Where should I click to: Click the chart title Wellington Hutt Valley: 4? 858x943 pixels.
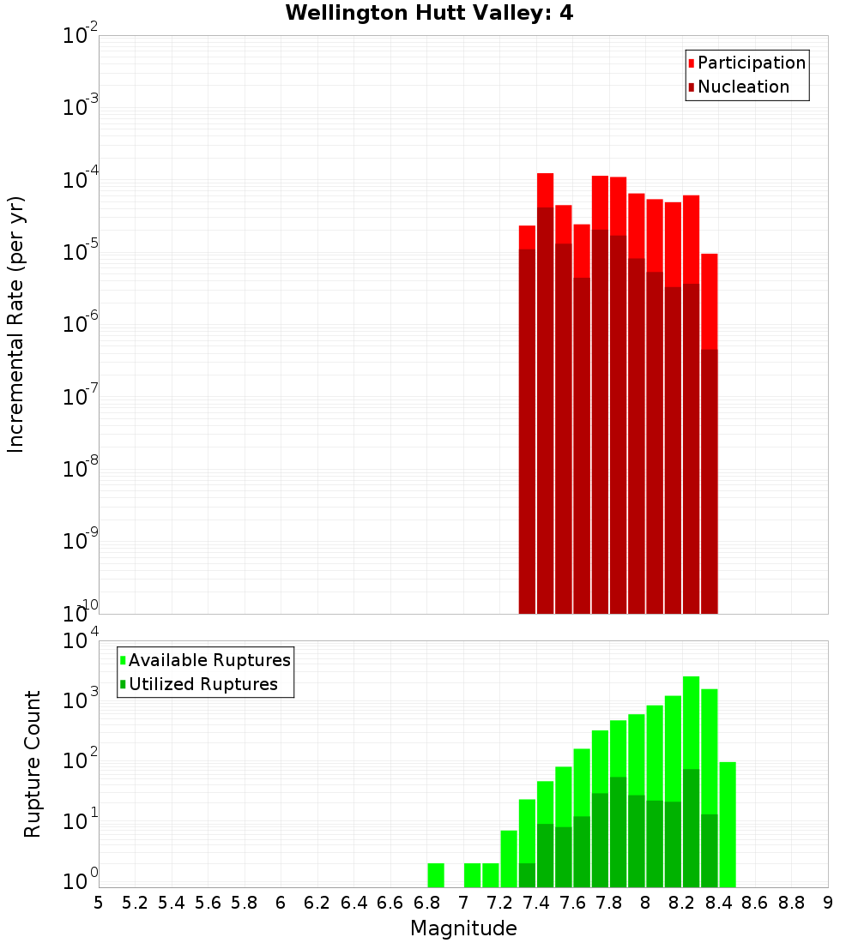click(x=429, y=13)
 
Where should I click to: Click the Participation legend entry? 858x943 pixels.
click(x=751, y=63)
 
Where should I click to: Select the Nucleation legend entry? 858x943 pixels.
click(x=742, y=87)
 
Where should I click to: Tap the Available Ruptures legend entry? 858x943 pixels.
click(x=208, y=660)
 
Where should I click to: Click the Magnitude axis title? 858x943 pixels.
click(x=463, y=928)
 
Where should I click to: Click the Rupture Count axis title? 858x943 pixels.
click(x=33, y=764)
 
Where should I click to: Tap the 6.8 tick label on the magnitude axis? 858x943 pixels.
click(x=426, y=903)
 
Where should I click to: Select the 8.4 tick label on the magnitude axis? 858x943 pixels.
click(x=718, y=903)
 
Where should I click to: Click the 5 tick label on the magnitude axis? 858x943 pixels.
click(x=99, y=903)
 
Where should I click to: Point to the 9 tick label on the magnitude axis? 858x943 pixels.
click(x=827, y=903)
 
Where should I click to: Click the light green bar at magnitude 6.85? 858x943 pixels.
click(x=436, y=874)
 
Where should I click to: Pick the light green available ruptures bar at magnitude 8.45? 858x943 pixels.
click(x=728, y=823)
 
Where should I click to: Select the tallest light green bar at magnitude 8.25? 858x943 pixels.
click(x=691, y=720)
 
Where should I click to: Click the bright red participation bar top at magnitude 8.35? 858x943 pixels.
click(x=709, y=300)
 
